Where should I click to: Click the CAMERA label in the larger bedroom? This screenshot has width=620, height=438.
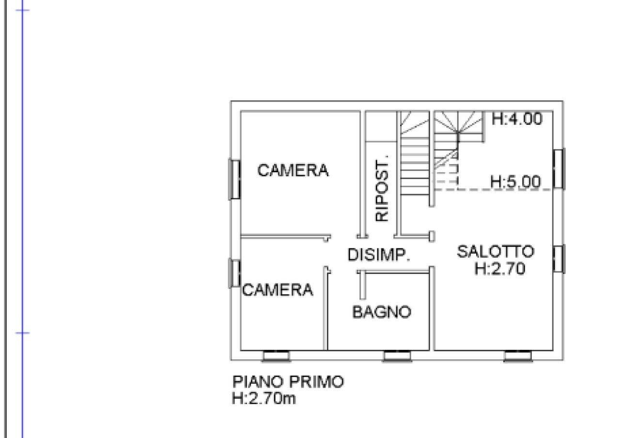coord(293,170)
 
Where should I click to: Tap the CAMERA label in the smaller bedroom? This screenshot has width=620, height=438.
coord(278,290)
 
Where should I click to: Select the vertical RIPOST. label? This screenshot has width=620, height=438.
coord(382,188)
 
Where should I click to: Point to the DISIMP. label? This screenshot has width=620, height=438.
coord(379,255)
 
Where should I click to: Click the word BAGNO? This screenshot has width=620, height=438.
coord(382,312)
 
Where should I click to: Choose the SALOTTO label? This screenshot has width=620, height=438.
coord(496,251)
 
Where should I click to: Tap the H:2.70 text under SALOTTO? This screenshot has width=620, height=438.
coord(499,269)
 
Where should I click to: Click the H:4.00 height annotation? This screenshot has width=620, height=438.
coord(517,119)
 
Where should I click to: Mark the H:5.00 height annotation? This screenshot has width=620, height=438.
coord(515,182)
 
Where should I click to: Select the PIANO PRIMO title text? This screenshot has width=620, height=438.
coord(288,381)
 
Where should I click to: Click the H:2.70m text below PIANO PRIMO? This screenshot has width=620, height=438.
coord(264,399)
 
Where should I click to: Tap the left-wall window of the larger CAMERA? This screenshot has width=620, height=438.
coord(234,179)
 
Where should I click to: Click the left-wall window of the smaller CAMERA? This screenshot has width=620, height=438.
coord(234,273)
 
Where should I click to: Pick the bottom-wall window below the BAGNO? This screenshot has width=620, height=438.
coord(397,357)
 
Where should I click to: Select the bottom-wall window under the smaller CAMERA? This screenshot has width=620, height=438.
coord(276,357)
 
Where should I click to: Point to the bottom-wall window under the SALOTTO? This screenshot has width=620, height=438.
coord(517,357)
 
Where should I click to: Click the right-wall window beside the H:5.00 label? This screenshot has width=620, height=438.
coord(558,168)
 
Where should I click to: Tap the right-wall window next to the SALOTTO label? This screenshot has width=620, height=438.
coord(558,259)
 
